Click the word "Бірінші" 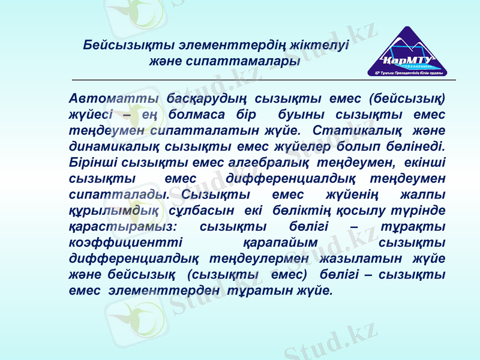[x=94, y=161]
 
